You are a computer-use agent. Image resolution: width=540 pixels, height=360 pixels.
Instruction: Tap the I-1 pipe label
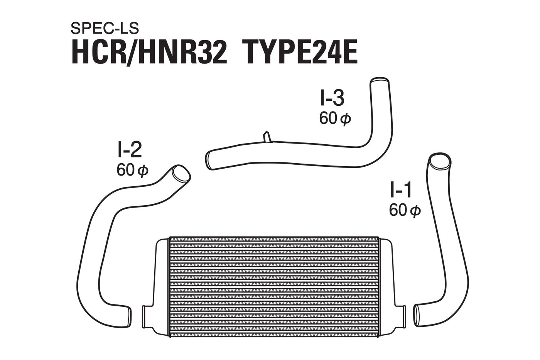[401, 191]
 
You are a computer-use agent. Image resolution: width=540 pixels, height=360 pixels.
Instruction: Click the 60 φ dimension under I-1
[405, 210]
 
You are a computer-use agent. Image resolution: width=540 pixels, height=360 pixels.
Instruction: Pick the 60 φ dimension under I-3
[335, 118]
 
